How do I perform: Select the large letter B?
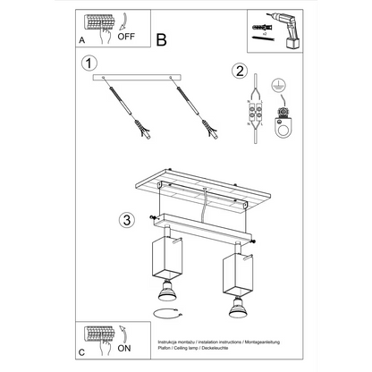(161, 39)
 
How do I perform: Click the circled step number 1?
(88, 63)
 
